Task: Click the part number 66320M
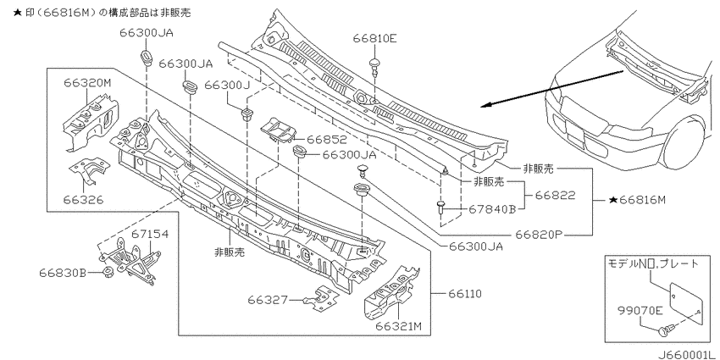pyautogui.click(x=86, y=83)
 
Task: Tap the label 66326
pyautogui.click(x=83, y=200)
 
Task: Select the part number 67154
pyautogui.click(x=150, y=234)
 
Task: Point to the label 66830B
pyautogui.click(x=63, y=273)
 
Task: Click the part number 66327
pyautogui.click(x=268, y=300)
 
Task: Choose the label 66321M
pyautogui.click(x=398, y=326)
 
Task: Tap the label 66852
pyautogui.click(x=327, y=139)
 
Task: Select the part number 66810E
pyautogui.click(x=374, y=38)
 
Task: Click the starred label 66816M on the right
pyautogui.click(x=637, y=200)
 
